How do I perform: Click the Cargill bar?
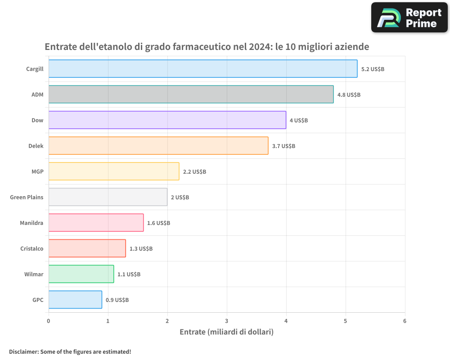tap(202, 69)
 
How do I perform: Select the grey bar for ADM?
tap(191, 94)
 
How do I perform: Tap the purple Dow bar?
tap(167, 120)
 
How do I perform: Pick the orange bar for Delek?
tap(158, 146)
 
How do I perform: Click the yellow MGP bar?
tap(113, 171)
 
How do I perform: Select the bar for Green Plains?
tap(108, 197)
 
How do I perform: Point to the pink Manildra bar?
tap(96, 223)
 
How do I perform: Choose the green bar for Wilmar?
tap(81, 274)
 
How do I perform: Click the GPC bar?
tap(75, 300)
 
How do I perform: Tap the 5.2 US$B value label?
tap(373, 69)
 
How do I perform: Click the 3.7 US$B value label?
tap(283, 146)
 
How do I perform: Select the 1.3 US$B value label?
tap(141, 249)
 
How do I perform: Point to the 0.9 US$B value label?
tap(117, 300)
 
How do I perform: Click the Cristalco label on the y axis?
tap(32, 249)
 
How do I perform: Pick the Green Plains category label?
tap(27, 198)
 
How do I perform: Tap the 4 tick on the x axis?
tap(286, 321)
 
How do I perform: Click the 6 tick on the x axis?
tap(405, 321)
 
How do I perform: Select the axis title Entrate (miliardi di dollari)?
tap(226, 332)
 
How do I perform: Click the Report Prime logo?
tap(409, 18)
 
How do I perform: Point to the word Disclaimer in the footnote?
tap(23, 352)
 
